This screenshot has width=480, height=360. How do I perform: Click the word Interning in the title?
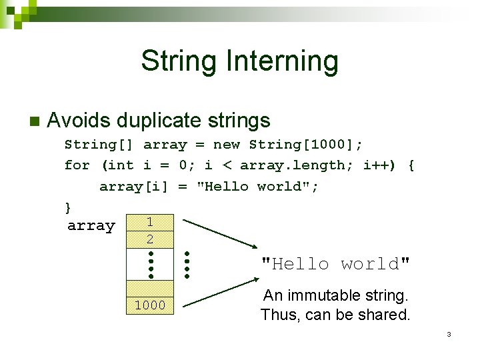283,61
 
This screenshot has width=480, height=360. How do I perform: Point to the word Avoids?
79,120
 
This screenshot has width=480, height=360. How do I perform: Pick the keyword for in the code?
77,165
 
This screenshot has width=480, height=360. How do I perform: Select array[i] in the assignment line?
135,187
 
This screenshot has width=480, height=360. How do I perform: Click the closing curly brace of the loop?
67,207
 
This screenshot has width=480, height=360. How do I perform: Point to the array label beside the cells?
91,226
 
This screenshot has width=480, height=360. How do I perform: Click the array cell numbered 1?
150,222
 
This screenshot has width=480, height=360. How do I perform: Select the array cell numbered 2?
150,239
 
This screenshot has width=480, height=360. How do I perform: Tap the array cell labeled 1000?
150,305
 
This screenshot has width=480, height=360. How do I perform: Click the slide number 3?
449,333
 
